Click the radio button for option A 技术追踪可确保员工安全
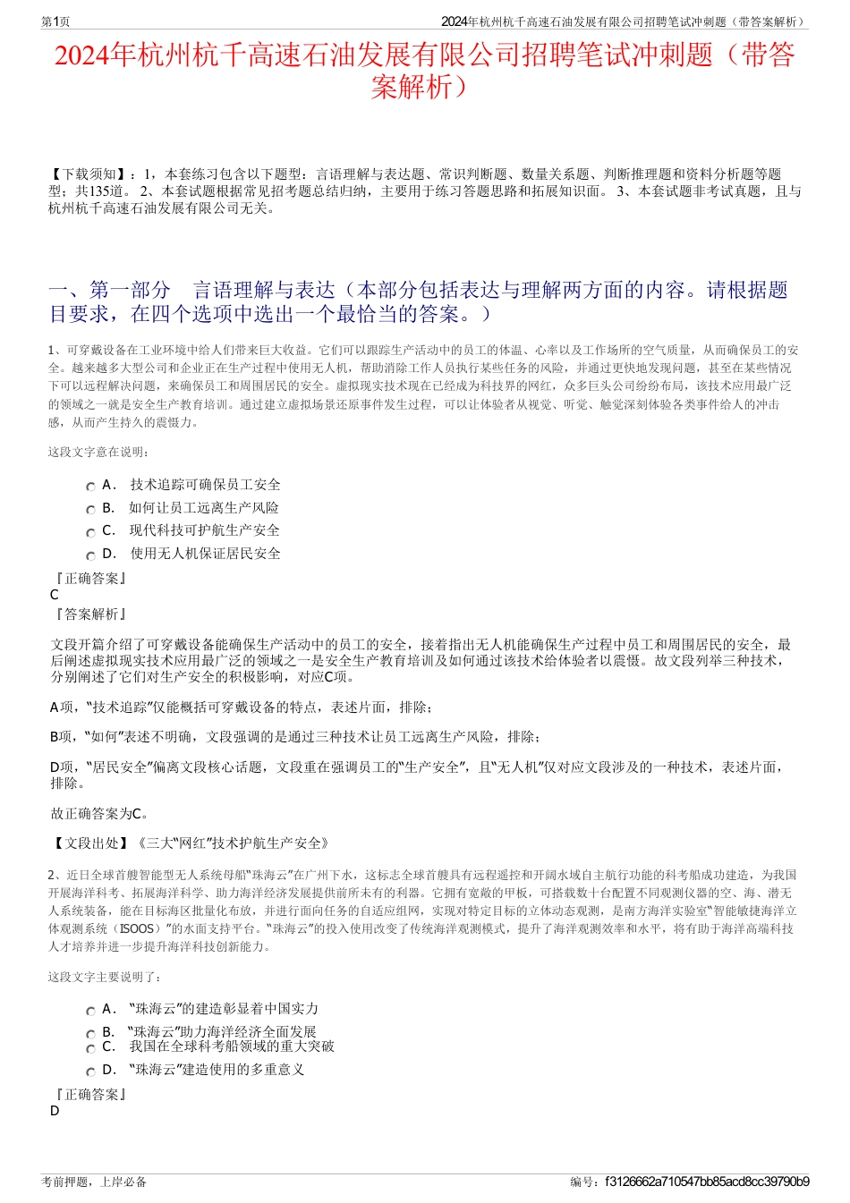click(90, 487)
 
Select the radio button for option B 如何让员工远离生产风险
click(90, 510)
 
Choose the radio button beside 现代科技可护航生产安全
click(90, 532)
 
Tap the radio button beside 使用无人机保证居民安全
click(90, 555)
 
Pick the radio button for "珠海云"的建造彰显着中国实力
click(90, 1011)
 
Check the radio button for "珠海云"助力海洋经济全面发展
click(90, 1034)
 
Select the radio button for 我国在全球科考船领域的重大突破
click(90, 1048)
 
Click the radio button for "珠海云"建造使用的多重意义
click(90, 1072)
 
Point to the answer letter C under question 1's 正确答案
click(55, 596)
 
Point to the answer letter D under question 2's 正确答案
click(55, 1112)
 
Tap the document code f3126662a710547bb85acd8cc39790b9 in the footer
click(707, 1182)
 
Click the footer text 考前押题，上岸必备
click(94, 1182)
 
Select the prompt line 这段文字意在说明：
click(99, 453)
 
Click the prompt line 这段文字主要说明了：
click(106, 978)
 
